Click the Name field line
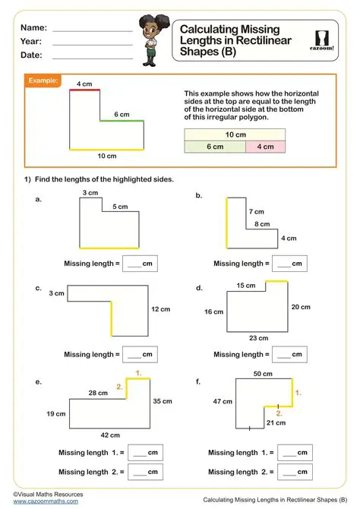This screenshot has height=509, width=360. (x=92, y=30)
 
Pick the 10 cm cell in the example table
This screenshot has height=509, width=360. (x=235, y=134)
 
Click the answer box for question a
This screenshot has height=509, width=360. (x=139, y=264)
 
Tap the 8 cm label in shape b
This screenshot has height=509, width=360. (x=262, y=224)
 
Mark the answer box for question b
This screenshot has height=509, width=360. (x=289, y=264)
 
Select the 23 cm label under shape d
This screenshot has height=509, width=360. (x=259, y=338)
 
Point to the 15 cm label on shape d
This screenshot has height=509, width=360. (x=245, y=285)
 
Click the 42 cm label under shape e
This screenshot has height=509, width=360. (x=109, y=435)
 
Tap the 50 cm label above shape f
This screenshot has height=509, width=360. (x=263, y=374)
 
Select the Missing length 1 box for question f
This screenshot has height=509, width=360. (x=294, y=453)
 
